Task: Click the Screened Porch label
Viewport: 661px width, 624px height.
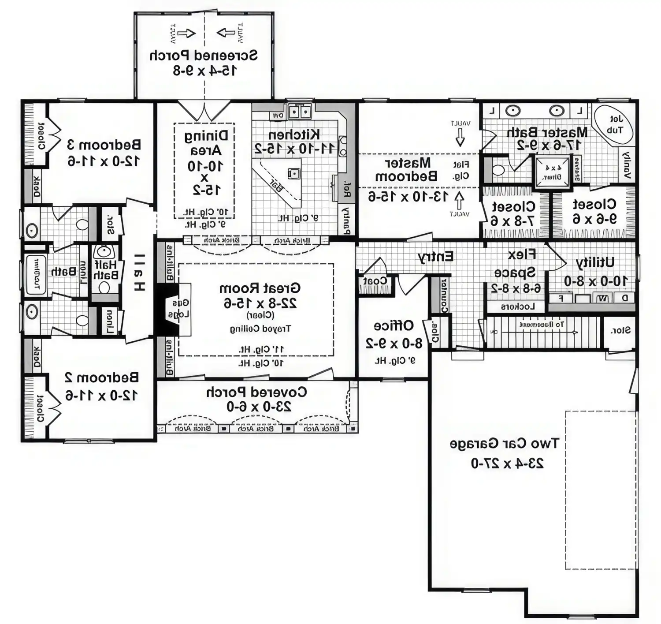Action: (204, 56)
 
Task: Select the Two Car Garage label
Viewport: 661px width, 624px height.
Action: (504, 444)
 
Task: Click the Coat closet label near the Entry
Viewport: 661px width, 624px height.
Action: (375, 281)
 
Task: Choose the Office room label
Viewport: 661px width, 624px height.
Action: (394, 326)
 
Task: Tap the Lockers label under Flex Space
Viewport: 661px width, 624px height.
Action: (517, 306)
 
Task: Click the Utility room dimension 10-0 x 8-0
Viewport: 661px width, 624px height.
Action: (596, 280)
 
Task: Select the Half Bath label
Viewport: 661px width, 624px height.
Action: (106, 269)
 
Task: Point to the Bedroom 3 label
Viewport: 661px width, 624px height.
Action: (104, 145)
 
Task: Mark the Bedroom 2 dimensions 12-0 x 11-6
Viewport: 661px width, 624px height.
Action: (102, 395)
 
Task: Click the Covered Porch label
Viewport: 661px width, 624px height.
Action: (256, 392)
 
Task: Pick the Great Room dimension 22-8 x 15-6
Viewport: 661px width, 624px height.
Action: (260, 303)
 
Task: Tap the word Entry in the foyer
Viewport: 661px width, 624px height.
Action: (435, 257)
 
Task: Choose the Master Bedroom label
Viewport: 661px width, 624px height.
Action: (406, 170)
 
